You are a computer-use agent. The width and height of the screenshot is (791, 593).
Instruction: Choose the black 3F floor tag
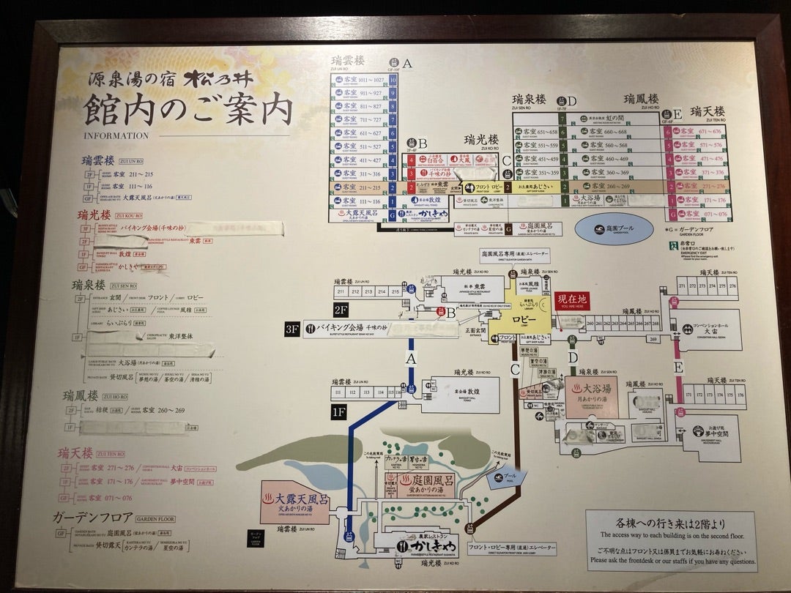tap(292, 329)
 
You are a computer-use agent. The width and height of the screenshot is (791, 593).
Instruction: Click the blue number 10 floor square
tap(394, 79)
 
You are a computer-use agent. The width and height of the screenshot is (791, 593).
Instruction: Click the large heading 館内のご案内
tap(188, 111)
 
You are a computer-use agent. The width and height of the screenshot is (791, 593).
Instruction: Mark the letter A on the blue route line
tap(411, 358)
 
